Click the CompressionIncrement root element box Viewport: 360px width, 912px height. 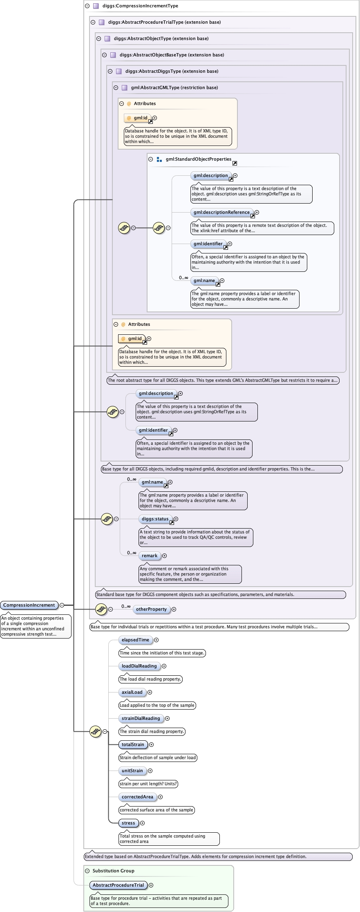click(x=29, y=605)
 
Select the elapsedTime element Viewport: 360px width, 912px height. click(x=135, y=640)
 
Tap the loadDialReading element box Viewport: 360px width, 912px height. click(x=139, y=666)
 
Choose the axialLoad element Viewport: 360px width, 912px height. click(x=132, y=692)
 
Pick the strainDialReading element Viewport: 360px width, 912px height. click(x=141, y=718)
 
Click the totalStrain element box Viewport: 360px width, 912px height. click(x=133, y=744)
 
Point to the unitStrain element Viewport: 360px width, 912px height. click(x=132, y=771)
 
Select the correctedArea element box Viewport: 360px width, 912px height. click(x=137, y=797)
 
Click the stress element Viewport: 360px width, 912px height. click(x=128, y=823)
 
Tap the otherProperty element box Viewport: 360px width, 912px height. click(x=151, y=609)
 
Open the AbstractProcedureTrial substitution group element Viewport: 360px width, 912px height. click(x=118, y=885)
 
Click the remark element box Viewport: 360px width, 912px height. click(x=150, y=556)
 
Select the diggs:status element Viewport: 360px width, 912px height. click(x=155, y=519)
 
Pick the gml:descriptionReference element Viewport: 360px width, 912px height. click(x=221, y=212)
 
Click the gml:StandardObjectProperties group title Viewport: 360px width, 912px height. click(x=199, y=159)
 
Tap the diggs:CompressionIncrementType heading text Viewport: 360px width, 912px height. click(x=140, y=6)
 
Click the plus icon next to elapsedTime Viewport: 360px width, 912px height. click(x=156, y=640)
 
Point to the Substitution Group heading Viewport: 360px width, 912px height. click(x=113, y=871)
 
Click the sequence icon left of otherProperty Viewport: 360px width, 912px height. click(x=101, y=609)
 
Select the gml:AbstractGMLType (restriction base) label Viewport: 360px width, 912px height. click(x=174, y=87)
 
